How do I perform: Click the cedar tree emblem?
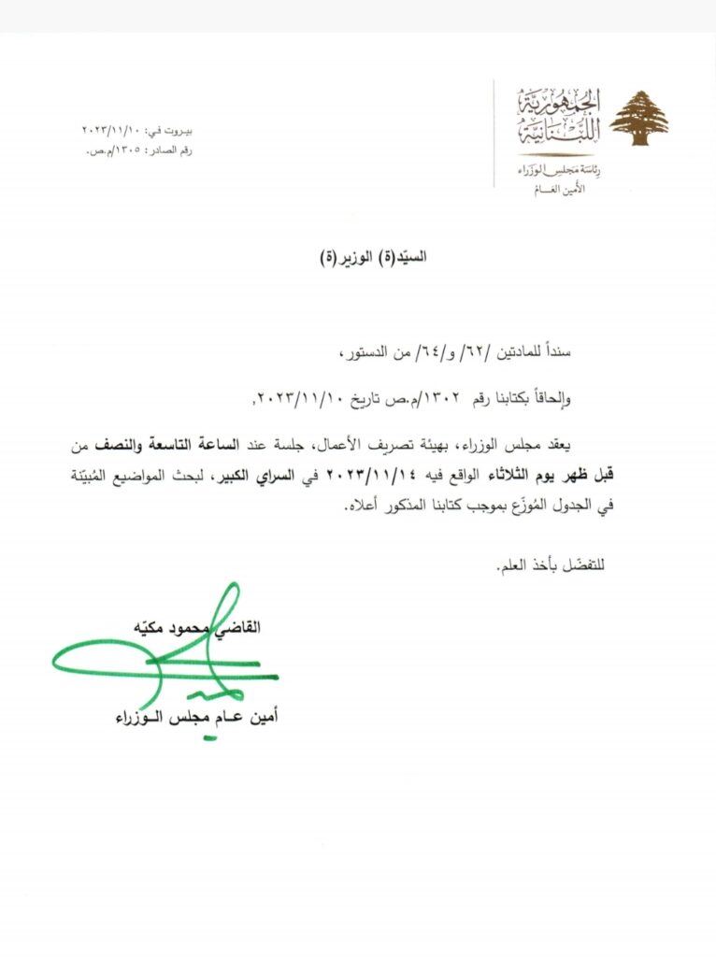(x=639, y=118)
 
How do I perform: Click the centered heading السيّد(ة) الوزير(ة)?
(x=374, y=253)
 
